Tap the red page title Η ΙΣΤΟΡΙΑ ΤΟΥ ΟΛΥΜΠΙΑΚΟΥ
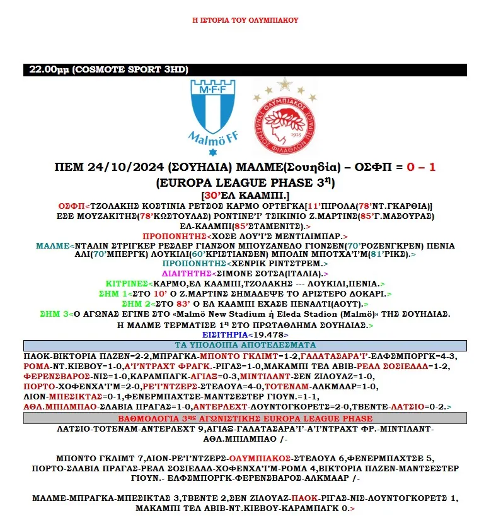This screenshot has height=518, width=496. point(245,20)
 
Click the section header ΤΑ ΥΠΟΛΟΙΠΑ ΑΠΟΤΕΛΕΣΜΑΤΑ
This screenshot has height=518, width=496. point(245,344)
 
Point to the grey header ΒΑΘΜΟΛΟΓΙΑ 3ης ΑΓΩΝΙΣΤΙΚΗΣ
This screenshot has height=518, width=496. point(245,418)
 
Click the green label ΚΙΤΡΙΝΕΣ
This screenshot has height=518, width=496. point(127,284)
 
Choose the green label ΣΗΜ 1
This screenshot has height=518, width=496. point(115,294)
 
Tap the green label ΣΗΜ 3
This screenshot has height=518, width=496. point(54,314)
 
